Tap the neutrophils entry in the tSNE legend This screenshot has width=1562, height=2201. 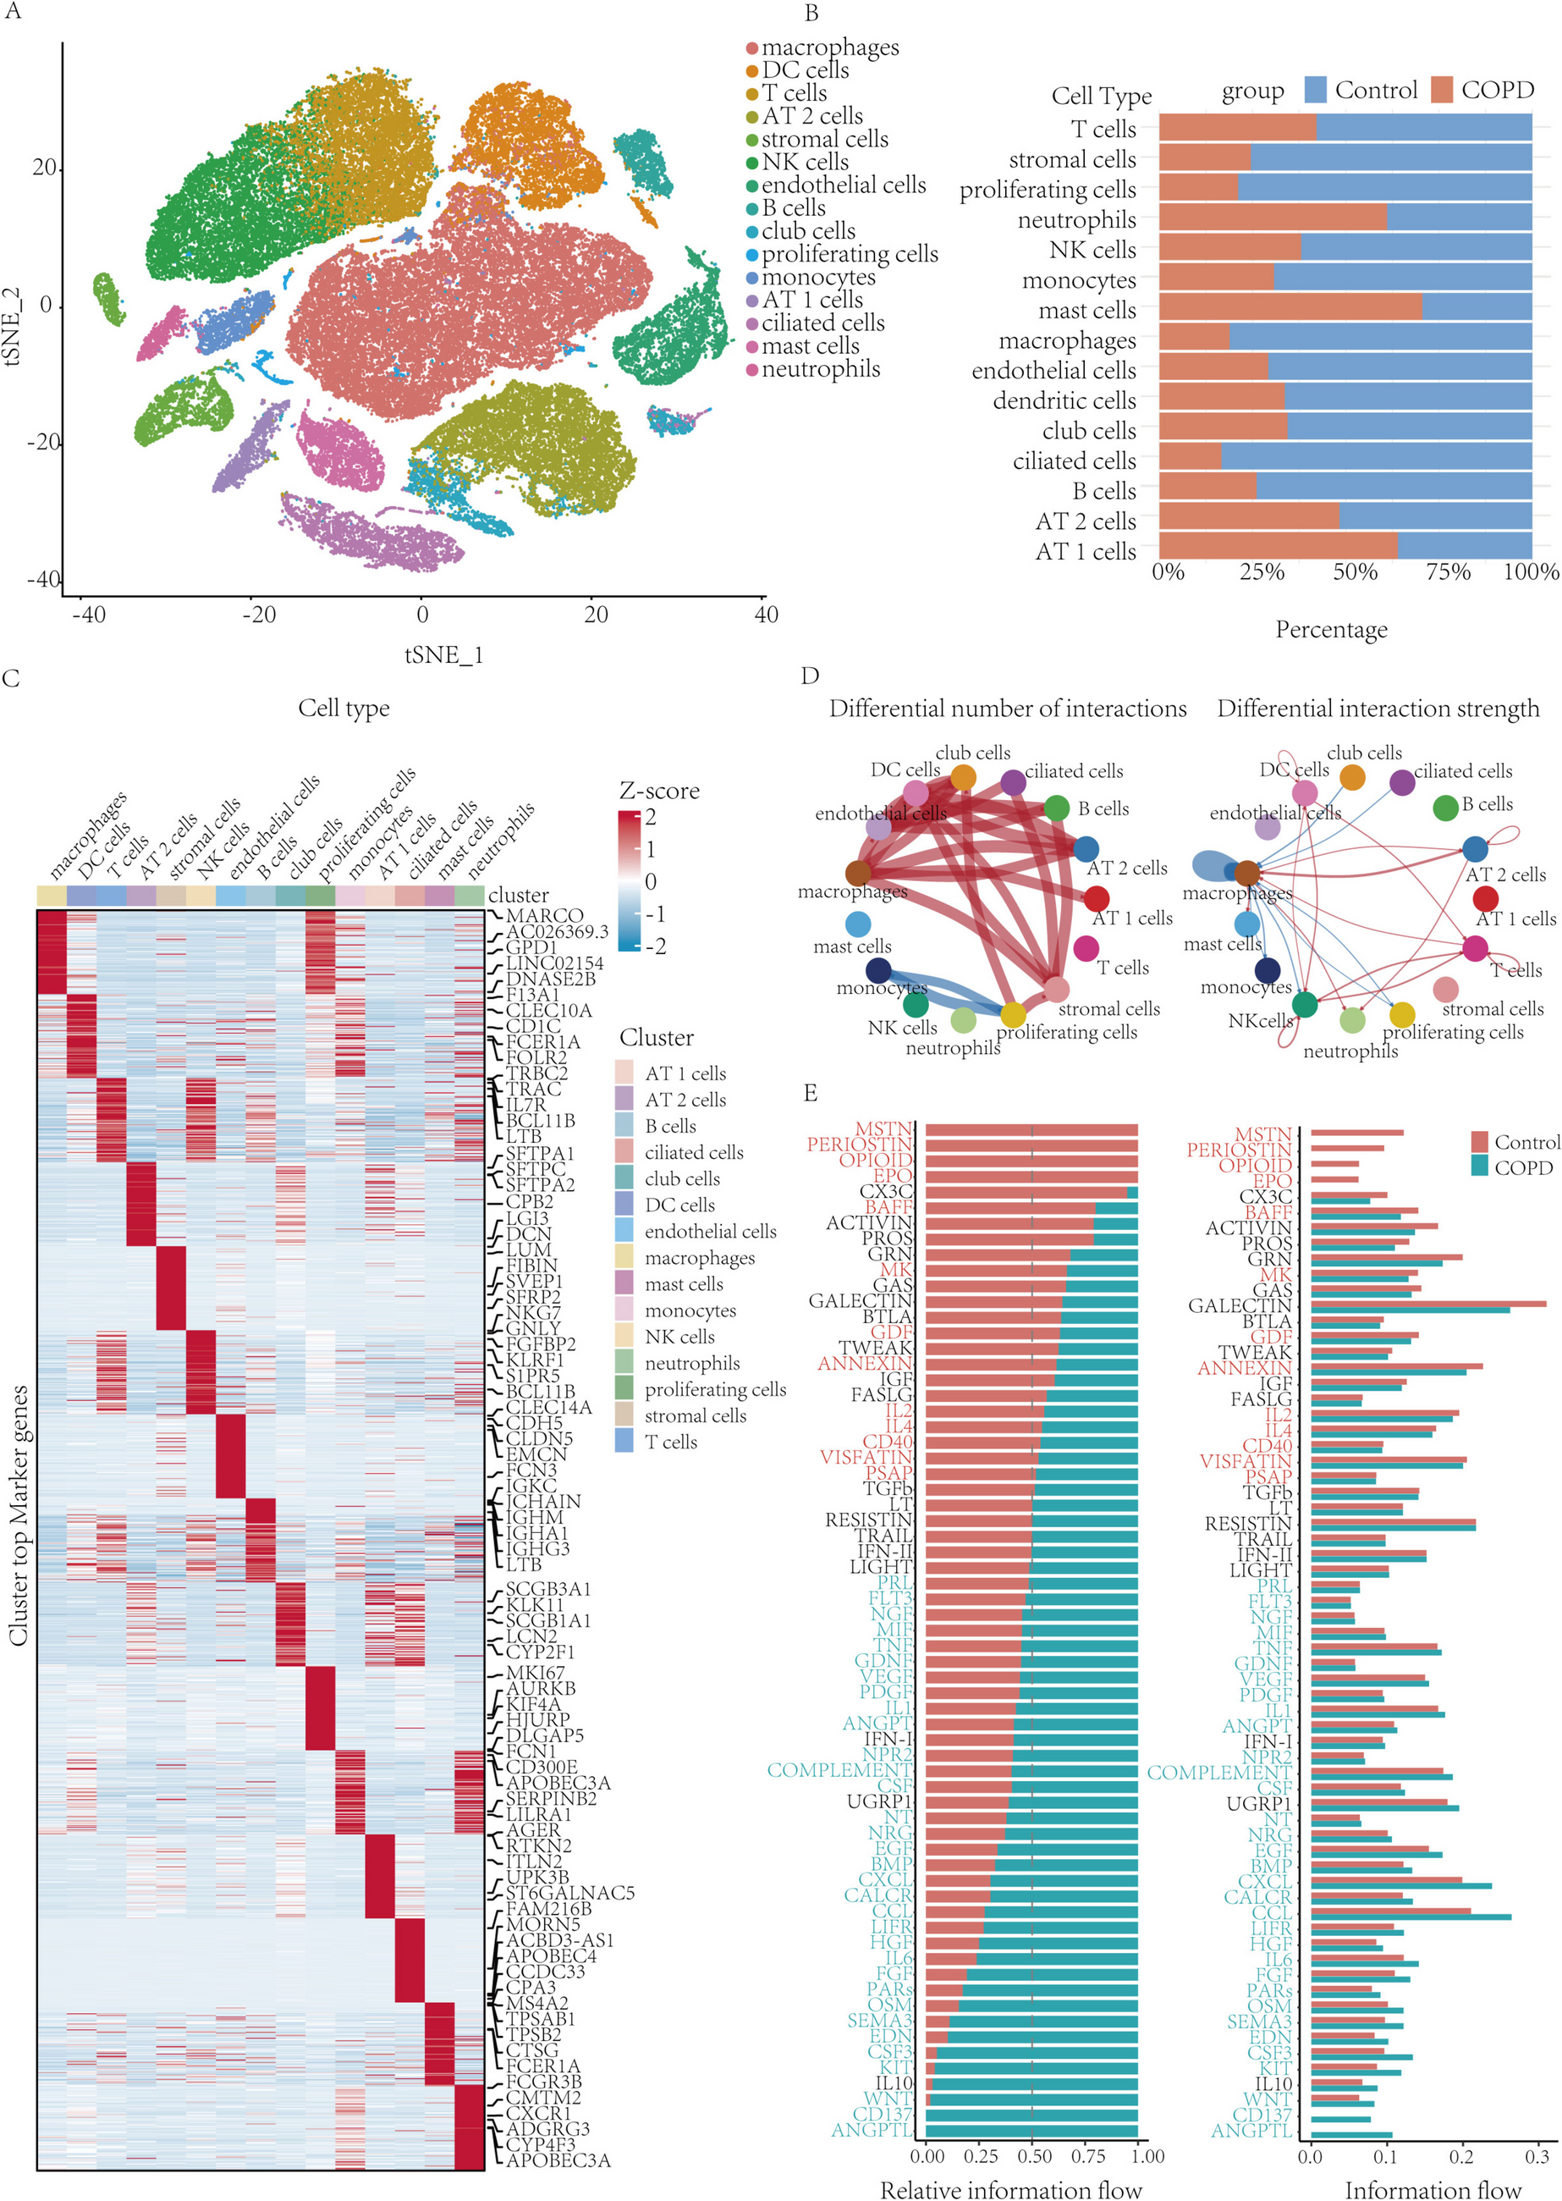[x=819, y=369]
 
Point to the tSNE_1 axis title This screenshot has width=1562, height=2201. [x=443, y=655]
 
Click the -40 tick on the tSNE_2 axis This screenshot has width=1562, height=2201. [x=42, y=579]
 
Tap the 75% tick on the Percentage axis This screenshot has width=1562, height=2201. [x=1448, y=572]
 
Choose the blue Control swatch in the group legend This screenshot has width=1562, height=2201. [x=1315, y=91]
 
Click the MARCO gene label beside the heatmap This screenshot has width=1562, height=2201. [x=544, y=916]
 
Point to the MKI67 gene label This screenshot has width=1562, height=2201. [x=536, y=1673]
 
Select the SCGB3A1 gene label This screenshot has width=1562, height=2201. [x=548, y=1589]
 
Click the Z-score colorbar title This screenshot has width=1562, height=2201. [x=659, y=791]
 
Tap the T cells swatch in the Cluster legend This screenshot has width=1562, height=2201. [x=624, y=1441]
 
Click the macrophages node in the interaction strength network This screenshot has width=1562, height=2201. [x=1246, y=874]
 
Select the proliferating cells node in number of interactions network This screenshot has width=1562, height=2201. [x=1013, y=1015]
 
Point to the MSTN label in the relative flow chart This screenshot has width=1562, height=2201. [x=883, y=1128]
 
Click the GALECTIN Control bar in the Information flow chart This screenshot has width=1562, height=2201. [x=1427, y=1303]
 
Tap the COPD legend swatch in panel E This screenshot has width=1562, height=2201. [x=1479, y=1166]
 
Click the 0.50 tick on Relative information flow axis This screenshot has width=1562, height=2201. [x=1033, y=2156]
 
